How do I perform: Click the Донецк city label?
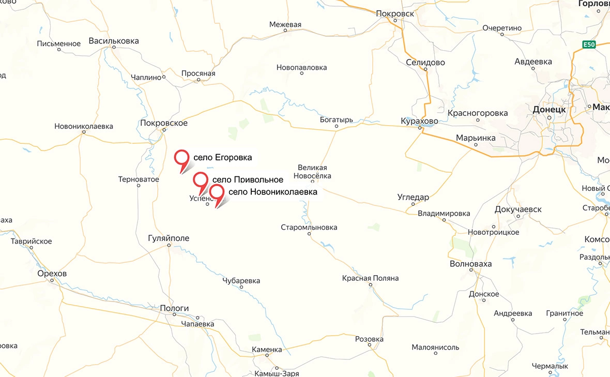point(550,110)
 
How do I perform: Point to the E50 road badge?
point(589,44)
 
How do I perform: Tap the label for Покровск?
point(395,13)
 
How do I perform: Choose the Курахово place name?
point(419,121)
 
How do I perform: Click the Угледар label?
point(414,197)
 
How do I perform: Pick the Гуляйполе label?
point(169,238)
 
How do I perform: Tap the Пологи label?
point(174,308)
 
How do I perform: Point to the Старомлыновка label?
point(309,228)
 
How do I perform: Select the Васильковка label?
point(114,40)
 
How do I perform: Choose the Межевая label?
point(285,24)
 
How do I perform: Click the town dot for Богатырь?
point(337,126)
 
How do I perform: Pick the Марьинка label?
point(476,138)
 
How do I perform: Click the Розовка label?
point(369,339)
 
